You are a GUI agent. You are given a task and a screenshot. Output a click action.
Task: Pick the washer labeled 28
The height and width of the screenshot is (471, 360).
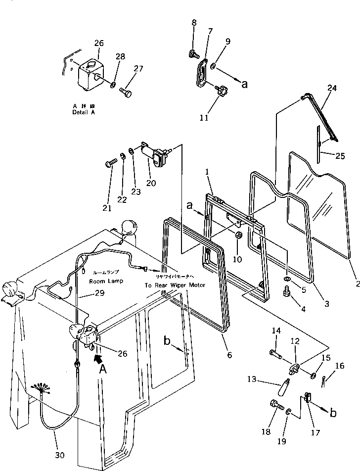(x=113, y=86)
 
